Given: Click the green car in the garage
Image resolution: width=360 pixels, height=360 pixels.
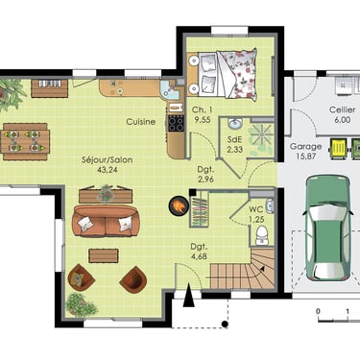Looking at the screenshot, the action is [328, 228].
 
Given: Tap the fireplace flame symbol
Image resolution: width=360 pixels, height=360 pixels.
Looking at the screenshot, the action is [179, 205].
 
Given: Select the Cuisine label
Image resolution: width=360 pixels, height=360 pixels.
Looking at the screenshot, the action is [141, 122].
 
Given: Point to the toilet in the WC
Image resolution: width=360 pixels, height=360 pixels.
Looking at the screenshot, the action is [262, 235].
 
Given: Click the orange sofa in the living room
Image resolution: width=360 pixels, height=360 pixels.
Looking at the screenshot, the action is [106, 221].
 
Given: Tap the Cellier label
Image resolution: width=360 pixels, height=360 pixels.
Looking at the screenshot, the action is [342, 109].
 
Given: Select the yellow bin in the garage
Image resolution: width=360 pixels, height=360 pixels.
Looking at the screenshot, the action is [339, 148].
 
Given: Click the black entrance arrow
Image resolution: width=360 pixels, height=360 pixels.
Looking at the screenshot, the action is [189, 295].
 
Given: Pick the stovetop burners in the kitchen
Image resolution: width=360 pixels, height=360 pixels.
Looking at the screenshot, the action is [176, 123].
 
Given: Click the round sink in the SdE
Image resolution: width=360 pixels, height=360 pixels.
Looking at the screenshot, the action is [235, 124].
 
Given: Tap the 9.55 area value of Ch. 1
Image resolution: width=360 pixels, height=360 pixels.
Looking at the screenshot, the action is [203, 119].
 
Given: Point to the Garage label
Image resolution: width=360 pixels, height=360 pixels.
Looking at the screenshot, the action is [305, 147].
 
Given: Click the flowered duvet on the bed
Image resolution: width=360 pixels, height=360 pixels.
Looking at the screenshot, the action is [238, 73].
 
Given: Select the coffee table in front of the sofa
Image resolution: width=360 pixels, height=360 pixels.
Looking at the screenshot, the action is [104, 255].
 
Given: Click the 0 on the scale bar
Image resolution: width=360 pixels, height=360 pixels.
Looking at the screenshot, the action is [318, 311].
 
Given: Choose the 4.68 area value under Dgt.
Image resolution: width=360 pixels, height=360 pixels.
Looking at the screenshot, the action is [199, 256].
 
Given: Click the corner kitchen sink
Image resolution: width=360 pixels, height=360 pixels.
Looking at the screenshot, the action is [169, 89].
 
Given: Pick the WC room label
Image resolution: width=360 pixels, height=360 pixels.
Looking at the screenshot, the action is [256, 209].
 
